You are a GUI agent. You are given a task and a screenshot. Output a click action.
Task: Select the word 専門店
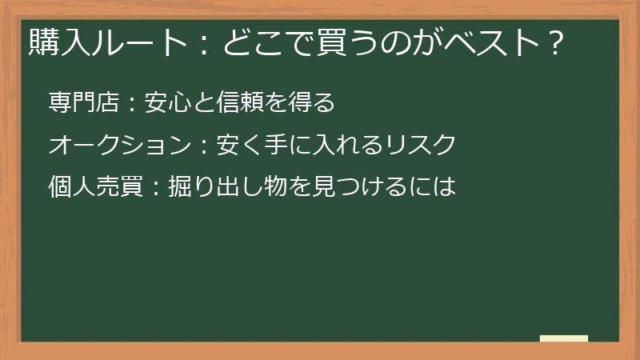coord(83,102)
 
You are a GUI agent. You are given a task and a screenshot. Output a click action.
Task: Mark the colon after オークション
coord(202,146)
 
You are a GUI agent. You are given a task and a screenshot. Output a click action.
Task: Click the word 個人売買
coord(95,187)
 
